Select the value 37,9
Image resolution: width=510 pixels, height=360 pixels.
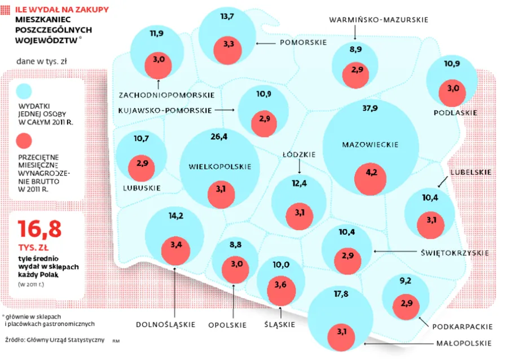[371, 108]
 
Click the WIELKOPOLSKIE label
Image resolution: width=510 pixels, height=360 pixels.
[219, 166]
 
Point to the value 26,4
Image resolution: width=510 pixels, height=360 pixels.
[219, 137]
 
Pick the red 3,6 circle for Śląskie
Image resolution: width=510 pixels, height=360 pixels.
[280, 285]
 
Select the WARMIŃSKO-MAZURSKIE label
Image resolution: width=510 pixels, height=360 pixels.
[379, 20]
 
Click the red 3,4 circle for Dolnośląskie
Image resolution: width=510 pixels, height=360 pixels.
[175, 245]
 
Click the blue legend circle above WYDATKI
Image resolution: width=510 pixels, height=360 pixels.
[24, 90]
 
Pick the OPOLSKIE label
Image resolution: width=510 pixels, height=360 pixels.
[227, 325]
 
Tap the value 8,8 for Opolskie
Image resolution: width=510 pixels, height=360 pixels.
[235, 244]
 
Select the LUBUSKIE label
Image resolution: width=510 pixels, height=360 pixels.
[142, 188]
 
